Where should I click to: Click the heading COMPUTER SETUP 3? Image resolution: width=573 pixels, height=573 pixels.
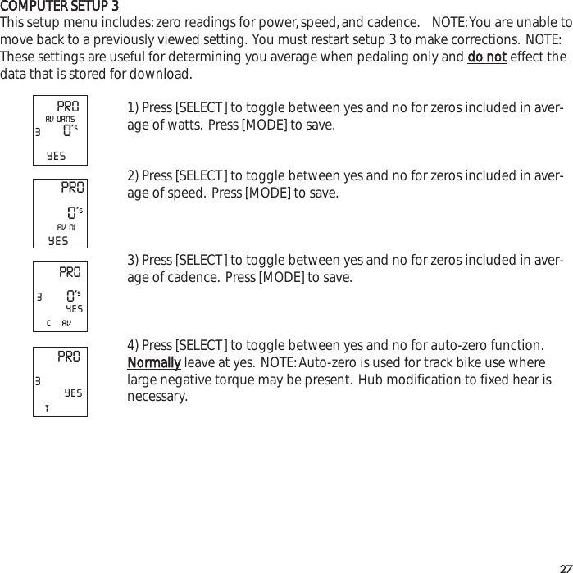(65, 7)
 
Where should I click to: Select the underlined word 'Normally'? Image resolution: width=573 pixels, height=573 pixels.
(153, 363)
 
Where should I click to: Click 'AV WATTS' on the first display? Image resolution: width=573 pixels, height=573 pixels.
(60, 120)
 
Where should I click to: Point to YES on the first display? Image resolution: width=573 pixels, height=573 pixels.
(57, 155)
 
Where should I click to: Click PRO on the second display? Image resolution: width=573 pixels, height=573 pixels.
(72, 188)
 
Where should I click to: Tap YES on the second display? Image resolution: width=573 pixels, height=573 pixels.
(58, 241)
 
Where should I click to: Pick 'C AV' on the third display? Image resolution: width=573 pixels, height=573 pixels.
(60, 323)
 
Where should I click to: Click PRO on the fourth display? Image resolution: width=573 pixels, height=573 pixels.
(69, 357)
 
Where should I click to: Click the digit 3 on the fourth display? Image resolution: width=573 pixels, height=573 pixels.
(38, 381)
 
